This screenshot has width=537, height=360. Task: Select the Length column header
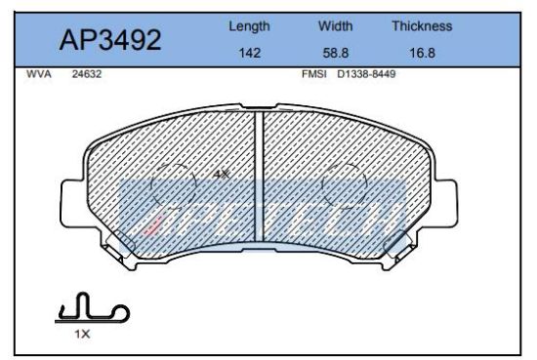click(x=249, y=26)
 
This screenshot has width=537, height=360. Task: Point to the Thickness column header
click(x=422, y=26)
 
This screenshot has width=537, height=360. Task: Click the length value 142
click(x=249, y=53)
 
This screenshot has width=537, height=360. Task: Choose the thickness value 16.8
click(x=422, y=53)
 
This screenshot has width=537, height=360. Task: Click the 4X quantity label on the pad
click(x=221, y=174)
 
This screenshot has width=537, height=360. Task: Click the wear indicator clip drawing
click(x=91, y=310)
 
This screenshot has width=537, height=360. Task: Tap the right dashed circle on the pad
click(x=345, y=184)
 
